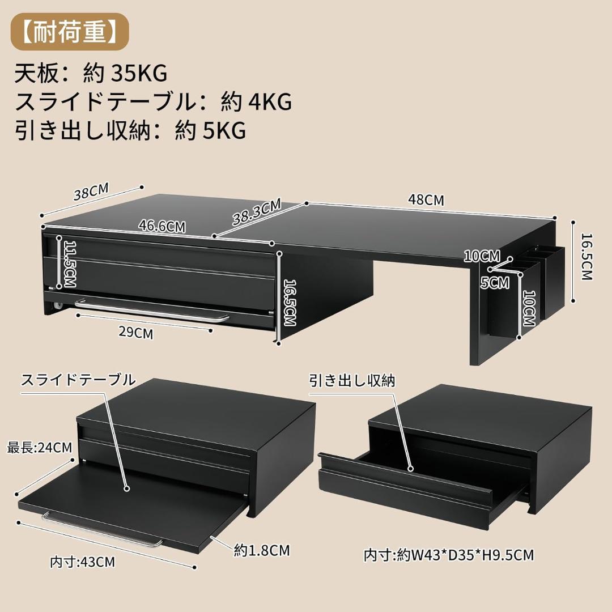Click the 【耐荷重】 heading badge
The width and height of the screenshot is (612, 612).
click(70, 32)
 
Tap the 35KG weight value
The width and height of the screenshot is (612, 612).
click(139, 73)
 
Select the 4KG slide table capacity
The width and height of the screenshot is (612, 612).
click(270, 102)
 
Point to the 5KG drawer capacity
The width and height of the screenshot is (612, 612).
click(224, 130)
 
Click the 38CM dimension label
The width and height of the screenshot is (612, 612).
click(91, 192)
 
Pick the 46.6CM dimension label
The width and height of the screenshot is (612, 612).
click(162, 226)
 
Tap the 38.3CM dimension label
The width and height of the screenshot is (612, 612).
click(257, 212)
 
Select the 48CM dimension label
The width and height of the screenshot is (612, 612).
click(426, 200)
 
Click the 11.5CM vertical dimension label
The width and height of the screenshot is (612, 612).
click(70, 264)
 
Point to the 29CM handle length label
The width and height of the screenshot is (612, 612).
click(136, 333)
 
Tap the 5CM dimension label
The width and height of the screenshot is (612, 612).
click(495, 283)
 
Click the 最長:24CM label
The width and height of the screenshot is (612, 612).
click(40, 447)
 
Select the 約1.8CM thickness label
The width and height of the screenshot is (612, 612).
click(262, 550)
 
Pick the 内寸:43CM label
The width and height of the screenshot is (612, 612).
click(82, 562)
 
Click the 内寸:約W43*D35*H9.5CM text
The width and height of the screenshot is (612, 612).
click(448, 555)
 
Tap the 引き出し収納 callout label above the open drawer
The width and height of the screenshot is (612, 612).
click(352, 381)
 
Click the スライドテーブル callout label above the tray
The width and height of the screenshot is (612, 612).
click(78, 379)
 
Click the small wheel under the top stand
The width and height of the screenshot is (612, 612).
click(58, 305)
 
